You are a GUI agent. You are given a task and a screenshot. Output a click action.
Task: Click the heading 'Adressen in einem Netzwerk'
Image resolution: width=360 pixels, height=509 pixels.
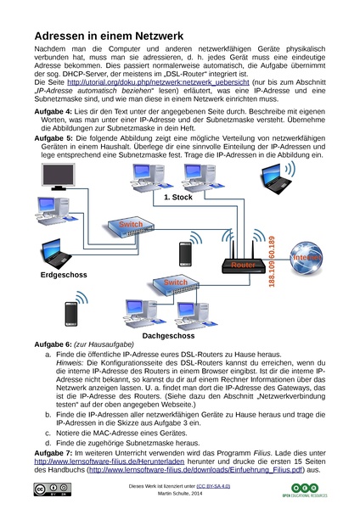click(109, 36)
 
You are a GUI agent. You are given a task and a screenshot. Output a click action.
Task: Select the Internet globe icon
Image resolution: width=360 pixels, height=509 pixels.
click(306, 259)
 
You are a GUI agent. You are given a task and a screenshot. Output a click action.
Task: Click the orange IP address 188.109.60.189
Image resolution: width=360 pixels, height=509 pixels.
click(272, 261)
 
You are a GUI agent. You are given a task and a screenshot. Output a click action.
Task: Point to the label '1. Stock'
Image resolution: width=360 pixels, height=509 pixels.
click(178, 198)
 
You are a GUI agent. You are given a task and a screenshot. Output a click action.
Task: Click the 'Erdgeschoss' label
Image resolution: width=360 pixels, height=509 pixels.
click(64, 275)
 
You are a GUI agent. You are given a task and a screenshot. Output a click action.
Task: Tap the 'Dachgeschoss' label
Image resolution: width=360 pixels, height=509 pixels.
click(168, 336)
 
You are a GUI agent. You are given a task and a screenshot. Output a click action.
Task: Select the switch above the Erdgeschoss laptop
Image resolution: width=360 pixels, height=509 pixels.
click(131, 227)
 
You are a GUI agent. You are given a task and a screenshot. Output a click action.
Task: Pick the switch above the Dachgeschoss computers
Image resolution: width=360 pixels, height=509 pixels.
click(176, 285)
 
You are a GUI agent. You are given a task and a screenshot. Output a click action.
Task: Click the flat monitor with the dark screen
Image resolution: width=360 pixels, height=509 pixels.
click(59, 176)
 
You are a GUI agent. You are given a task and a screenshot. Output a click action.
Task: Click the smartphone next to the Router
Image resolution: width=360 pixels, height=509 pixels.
click(186, 255)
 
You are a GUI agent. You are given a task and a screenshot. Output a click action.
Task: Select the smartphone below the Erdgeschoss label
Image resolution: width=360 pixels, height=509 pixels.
click(71, 314)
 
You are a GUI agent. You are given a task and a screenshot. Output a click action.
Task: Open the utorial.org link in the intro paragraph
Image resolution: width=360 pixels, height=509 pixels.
click(158, 82)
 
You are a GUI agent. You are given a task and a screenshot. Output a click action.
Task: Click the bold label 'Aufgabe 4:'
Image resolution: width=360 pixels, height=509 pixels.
click(53, 112)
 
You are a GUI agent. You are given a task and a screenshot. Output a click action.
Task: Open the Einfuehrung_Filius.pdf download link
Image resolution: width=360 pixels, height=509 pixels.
click(195, 470)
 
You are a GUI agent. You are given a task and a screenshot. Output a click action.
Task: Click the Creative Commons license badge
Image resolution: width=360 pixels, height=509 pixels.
click(53, 489)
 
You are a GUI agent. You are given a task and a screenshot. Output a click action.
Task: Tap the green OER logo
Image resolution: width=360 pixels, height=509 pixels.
click(305, 490)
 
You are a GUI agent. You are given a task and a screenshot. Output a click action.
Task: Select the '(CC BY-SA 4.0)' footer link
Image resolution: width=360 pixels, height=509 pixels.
click(213, 486)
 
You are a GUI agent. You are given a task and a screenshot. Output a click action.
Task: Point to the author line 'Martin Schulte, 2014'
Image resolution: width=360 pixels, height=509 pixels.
click(180, 494)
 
